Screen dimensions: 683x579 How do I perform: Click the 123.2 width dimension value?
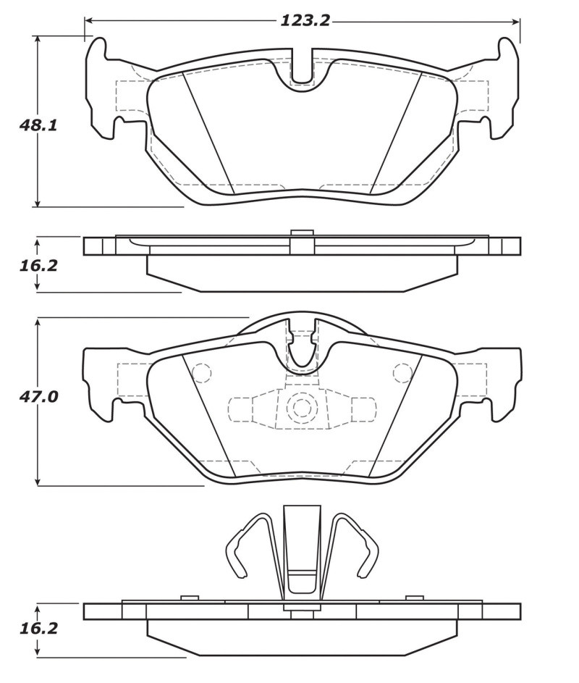(x=305, y=20)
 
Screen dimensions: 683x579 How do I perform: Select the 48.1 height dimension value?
(x=38, y=125)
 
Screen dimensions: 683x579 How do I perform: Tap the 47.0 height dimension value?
(x=38, y=397)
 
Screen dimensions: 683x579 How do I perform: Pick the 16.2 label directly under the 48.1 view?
(x=38, y=265)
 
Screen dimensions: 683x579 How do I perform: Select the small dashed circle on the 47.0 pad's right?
(x=402, y=373)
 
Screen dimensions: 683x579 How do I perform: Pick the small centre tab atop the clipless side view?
(x=302, y=232)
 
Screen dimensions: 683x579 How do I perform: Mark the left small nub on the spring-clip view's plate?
(x=190, y=598)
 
